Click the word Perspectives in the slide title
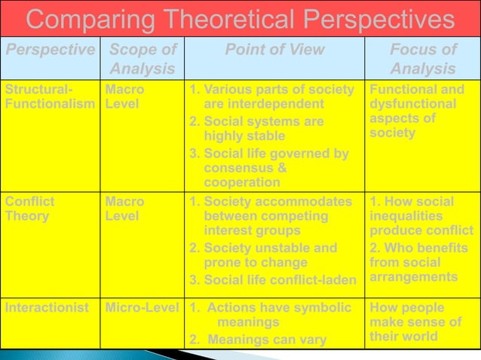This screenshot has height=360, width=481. tap(366, 19)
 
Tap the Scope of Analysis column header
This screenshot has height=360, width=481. tap(142, 59)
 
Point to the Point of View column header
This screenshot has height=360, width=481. tap(275, 50)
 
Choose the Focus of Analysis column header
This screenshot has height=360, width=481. tap(422, 59)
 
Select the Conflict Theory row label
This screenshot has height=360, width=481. tap(30, 209)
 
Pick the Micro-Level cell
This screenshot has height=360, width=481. tap(142, 307)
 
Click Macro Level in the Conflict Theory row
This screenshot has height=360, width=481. tap(124, 209)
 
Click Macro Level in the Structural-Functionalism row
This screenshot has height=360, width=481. tap(124, 96)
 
